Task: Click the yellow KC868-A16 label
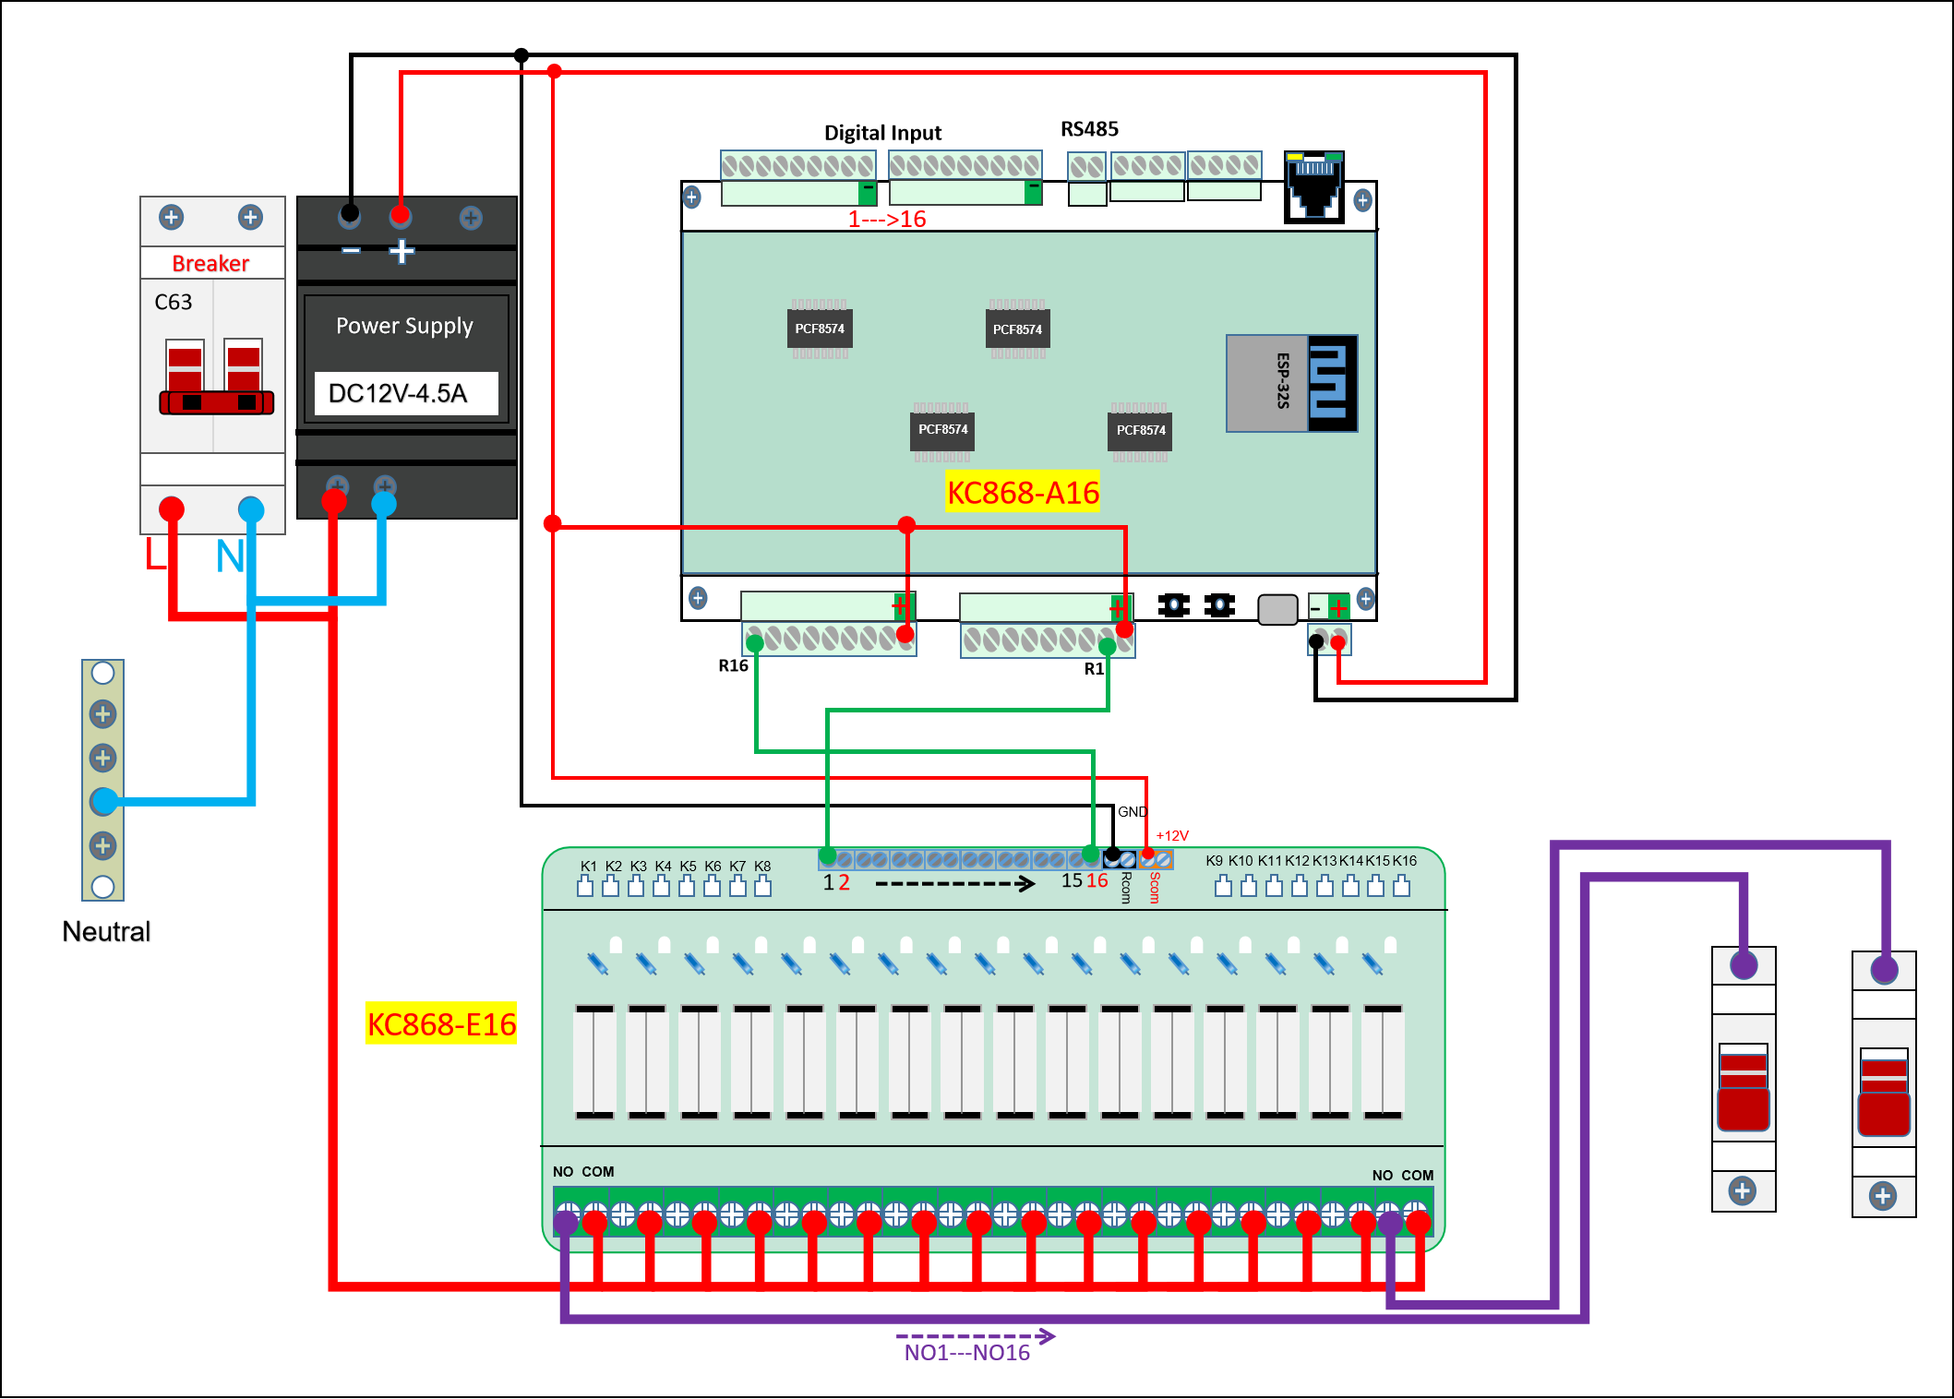click(x=1023, y=493)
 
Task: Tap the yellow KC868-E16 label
click(x=441, y=1024)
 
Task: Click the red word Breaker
click(x=210, y=264)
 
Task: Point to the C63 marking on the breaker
click(x=174, y=303)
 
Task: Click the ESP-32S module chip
click(x=1290, y=383)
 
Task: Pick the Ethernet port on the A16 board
click(x=1313, y=186)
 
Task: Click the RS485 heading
click(x=1089, y=129)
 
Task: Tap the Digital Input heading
click(x=882, y=133)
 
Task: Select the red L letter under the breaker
click(x=155, y=556)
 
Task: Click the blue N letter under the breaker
click(x=230, y=556)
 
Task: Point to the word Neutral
click(x=106, y=932)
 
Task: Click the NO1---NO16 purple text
click(x=966, y=1353)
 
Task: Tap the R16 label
click(x=733, y=665)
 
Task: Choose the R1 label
click(x=1094, y=669)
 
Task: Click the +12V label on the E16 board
click(x=1172, y=836)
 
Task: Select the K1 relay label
click(x=588, y=867)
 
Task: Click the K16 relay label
click(x=1405, y=861)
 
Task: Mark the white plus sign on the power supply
click(x=402, y=251)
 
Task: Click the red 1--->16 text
click(x=887, y=220)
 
